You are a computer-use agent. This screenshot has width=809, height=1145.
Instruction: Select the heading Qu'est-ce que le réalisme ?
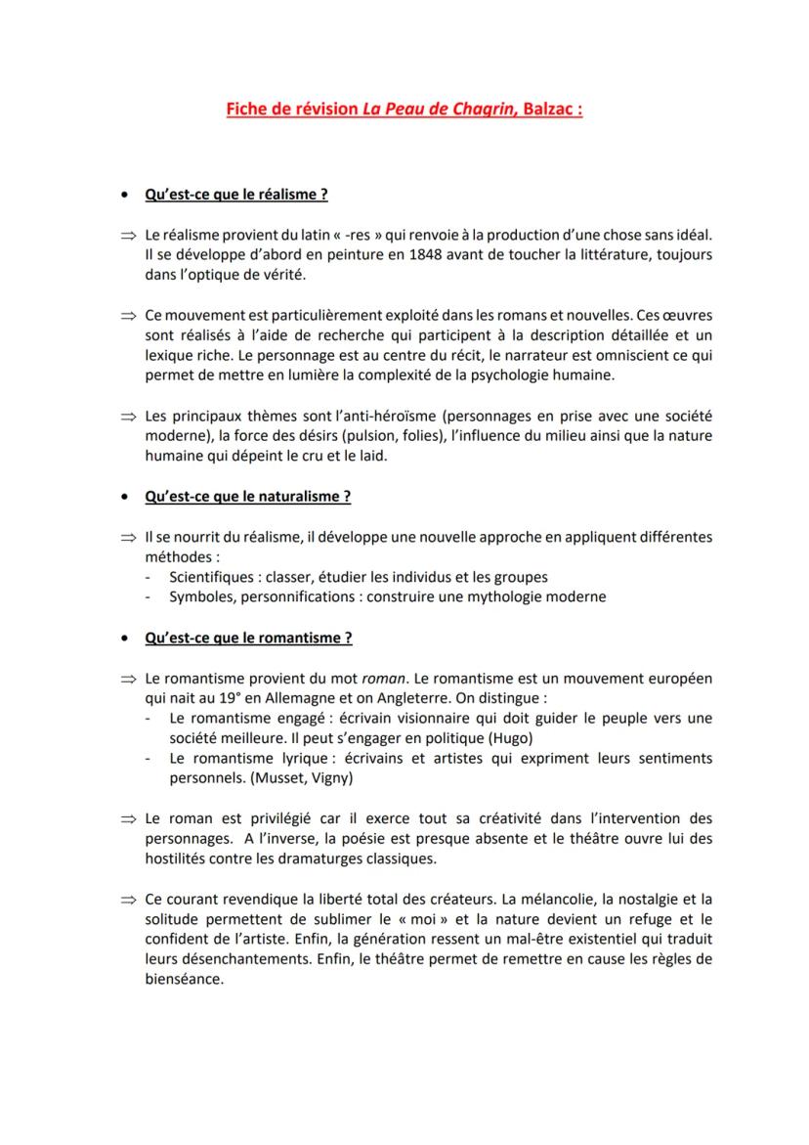(x=235, y=195)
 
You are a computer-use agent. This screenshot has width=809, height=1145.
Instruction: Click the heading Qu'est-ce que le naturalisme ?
(x=247, y=497)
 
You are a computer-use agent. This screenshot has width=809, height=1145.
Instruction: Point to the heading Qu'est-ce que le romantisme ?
(x=248, y=639)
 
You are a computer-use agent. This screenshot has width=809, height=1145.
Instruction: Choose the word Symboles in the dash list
(x=199, y=596)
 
